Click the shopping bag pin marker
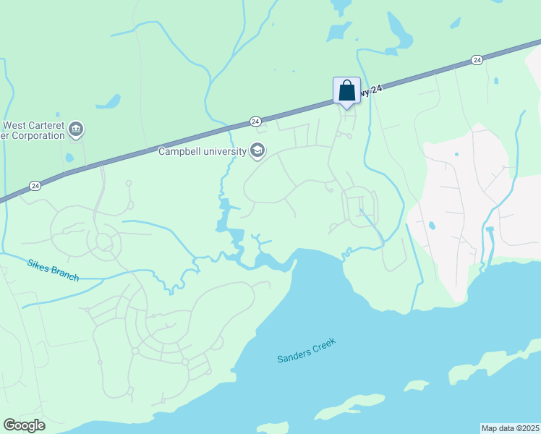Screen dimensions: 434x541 coord(346,91)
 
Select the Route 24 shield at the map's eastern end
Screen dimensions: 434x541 coord(477,59)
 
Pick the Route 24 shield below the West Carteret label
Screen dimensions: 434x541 coord(35,185)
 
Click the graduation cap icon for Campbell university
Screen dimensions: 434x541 coord(257,151)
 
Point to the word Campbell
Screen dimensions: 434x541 coord(181,152)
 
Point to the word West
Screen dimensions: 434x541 coord(15,124)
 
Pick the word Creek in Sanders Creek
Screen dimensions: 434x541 coord(325,342)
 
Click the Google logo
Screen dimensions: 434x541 coord(24,425)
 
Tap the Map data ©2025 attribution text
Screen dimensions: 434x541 coord(510,427)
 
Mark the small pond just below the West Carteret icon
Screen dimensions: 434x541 coord(69,157)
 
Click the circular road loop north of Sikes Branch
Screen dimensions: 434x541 coord(103,242)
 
